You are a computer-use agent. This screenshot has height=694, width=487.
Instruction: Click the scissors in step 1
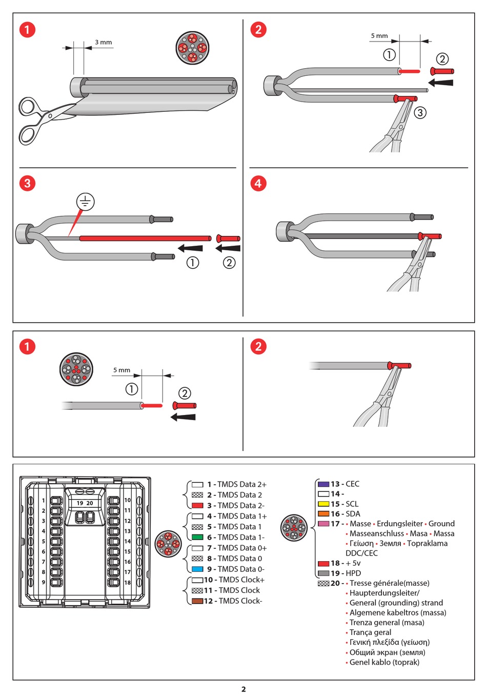(x=41, y=119)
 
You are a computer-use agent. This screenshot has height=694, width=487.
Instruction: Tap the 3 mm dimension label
(x=103, y=43)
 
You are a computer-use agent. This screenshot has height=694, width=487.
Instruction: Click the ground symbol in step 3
(x=86, y=202)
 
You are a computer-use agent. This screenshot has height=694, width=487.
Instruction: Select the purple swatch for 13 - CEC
(x=323, y=484)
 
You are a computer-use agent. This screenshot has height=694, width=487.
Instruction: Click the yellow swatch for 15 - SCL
(x=323, y=504)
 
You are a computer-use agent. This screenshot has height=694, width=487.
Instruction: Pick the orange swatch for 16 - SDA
(x=323, y=514)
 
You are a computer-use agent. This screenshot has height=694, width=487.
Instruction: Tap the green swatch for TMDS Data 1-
(x=197, y=538)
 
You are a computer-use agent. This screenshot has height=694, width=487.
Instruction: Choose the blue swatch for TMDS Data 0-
(x=197, y=569)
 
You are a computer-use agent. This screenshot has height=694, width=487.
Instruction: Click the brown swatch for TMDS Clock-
(x=197, y=601)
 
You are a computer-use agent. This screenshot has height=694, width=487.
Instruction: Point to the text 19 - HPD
(x=346, y=573)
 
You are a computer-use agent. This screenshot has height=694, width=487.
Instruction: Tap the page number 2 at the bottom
(x=243, y=689)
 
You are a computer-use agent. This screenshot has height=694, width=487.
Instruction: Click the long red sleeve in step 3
(x=145, y=239)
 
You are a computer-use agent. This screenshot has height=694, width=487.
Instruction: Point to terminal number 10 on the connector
(x=128, y=500)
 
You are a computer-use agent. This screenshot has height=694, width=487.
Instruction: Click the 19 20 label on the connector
(x=85, y=503)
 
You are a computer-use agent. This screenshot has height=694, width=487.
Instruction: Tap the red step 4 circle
(x=258, y=183)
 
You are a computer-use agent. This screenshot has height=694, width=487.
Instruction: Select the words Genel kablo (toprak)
(x=384, y=662)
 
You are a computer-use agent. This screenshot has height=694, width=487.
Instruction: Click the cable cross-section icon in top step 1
(x=192, y=48)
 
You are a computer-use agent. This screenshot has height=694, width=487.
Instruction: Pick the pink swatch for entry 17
(x=323, y=524)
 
